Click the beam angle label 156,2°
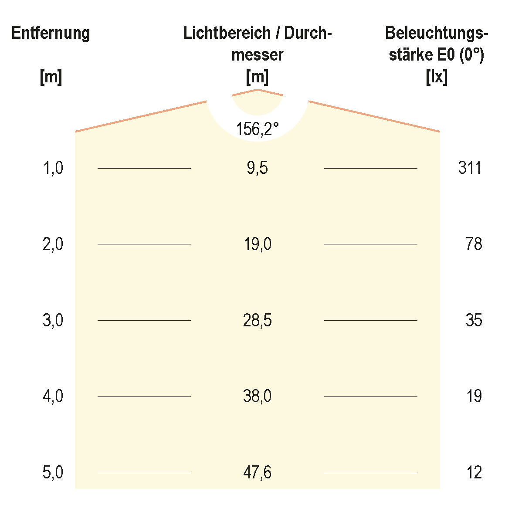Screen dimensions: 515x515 257,129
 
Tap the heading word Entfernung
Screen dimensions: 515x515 51,33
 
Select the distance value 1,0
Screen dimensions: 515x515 53,168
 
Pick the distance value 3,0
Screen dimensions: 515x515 53,321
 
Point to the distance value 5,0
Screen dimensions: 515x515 53,473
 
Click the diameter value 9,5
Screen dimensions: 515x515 257,168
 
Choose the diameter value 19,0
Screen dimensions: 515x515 257,244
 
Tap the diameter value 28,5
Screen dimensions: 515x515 257,321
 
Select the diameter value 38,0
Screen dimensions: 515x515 257,396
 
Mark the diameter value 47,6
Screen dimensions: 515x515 257,473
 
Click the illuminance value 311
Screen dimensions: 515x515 470,168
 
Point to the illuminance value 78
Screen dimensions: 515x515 474,244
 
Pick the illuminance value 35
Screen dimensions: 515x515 474,321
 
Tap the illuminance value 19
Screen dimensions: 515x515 474,396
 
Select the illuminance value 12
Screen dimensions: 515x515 474,473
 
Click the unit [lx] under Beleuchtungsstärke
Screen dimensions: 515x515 436,78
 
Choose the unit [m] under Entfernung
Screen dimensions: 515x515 51,78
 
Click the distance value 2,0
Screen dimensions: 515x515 53,244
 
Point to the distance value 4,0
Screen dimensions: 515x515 53,396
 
